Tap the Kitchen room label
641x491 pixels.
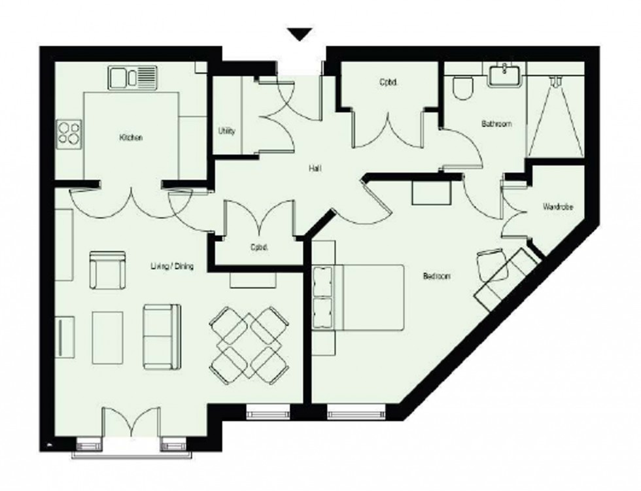tap(130, 138)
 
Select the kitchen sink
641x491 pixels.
tap(133, 77)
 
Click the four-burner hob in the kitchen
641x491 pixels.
tap(68, 134)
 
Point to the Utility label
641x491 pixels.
tap(226, 131)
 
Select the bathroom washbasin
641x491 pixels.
tap(506, 75)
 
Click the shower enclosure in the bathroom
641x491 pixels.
tap(555, 114)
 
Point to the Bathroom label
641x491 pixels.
tap(496, 124)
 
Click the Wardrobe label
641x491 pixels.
tap(558, 207)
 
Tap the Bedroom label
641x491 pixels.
tap(437, 277)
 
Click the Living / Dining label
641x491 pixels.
tap(172, 266)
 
